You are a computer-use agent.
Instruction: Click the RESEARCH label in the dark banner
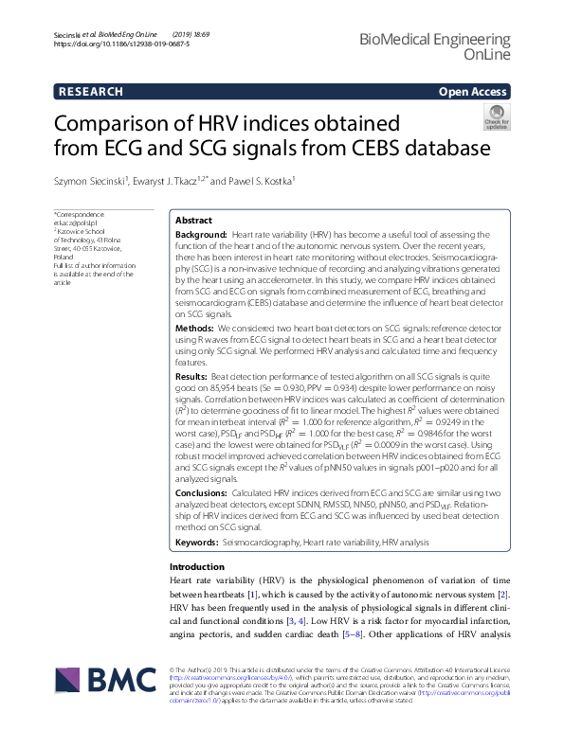coord(91,92)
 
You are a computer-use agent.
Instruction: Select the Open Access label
coord(474,92)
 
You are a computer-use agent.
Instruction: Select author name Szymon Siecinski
coord(90,180)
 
